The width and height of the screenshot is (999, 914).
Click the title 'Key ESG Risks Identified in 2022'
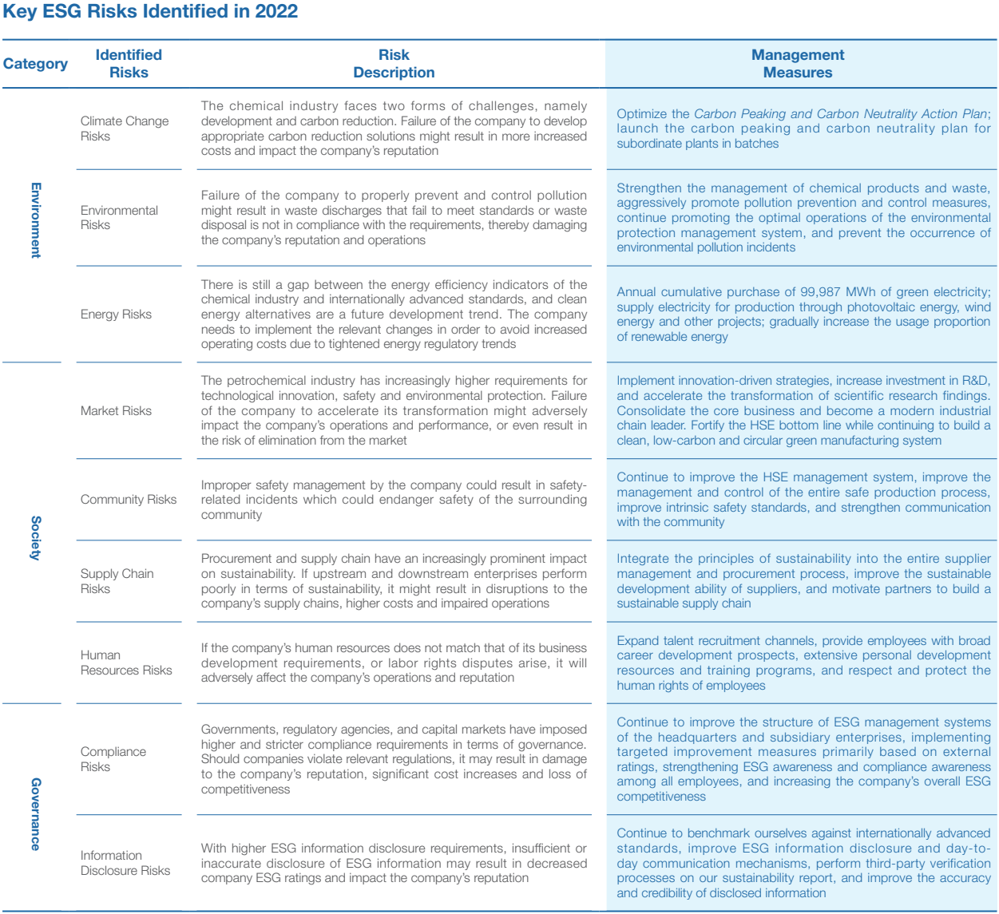coord(151,12)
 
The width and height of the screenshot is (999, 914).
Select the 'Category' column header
coord(35,64)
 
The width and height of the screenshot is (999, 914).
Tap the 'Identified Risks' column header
coord(129,64)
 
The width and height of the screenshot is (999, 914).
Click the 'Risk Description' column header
coord(394,64)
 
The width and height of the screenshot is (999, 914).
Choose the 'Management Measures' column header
coord(797,64)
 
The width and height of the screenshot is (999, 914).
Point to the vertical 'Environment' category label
coord(35,220)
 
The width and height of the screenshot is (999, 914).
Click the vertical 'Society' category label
coord(35,537)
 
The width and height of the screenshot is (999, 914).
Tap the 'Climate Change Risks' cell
coord(125,129)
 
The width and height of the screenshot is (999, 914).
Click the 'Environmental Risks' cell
coord(119,218)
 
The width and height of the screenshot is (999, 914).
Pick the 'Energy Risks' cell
coord(116,315)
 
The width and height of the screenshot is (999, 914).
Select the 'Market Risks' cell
coord(116,411)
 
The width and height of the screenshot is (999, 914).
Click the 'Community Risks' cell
coord(129,500)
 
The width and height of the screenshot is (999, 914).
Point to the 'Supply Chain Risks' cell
coord(117,581)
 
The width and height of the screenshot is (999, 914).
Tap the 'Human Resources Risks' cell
coord(126,663)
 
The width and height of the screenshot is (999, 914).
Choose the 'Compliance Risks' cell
coord(113,759)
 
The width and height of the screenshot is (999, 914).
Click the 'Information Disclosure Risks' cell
coord(125,863)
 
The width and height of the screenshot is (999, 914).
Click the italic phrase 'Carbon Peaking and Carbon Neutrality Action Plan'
coord(840,113)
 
